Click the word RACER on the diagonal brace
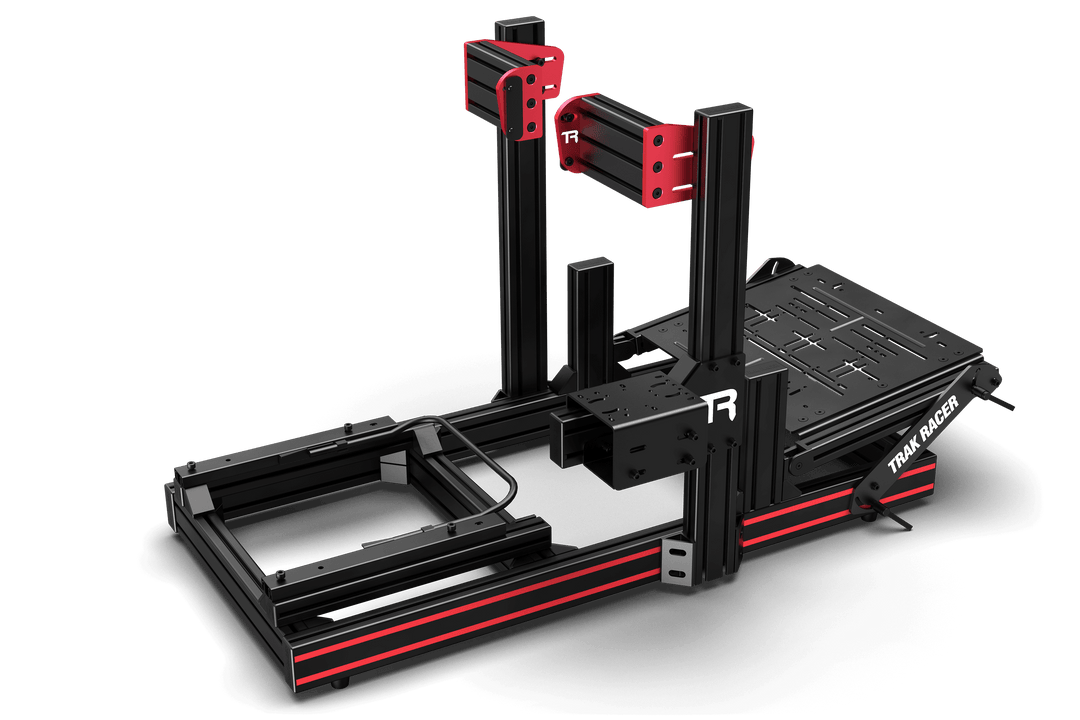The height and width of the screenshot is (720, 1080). pyautogui.click(x=937, y=417)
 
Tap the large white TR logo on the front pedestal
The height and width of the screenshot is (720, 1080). pyautogui.click(x=721, y=407)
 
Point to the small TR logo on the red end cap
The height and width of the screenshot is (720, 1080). pyautogui.click(x=570, y=137)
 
